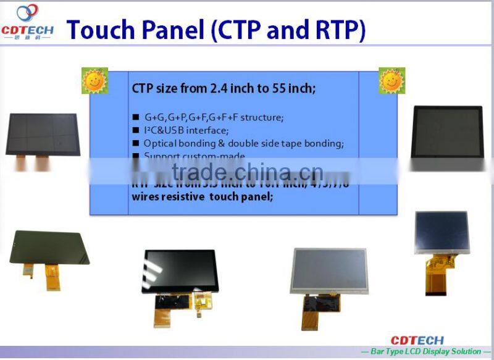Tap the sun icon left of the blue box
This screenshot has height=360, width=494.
coord(94,80)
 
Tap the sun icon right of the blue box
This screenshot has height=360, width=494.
coord(391,80)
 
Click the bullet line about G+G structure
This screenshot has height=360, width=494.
coord(214,117)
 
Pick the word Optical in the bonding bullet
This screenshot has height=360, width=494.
coord(161,143)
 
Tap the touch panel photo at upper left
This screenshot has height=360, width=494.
coord(42,134)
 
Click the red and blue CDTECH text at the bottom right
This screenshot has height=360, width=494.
coord(417,340)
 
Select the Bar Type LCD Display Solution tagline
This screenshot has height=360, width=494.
coord(427,351)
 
